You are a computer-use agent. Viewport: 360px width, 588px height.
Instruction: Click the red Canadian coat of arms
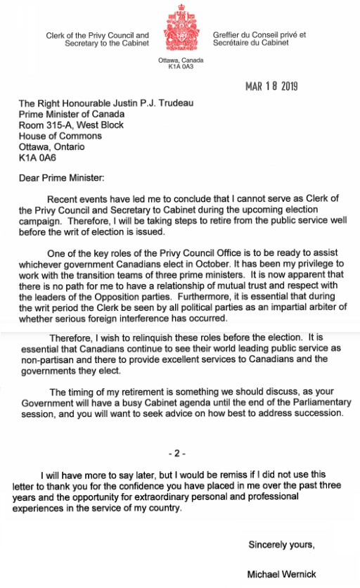180,30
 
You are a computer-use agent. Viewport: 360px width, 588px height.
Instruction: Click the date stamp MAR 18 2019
271,87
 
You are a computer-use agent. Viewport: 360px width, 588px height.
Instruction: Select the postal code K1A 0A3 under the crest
180,67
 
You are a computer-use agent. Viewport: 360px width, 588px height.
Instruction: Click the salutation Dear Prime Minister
61,179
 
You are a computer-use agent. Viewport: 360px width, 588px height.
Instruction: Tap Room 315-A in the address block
44,125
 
